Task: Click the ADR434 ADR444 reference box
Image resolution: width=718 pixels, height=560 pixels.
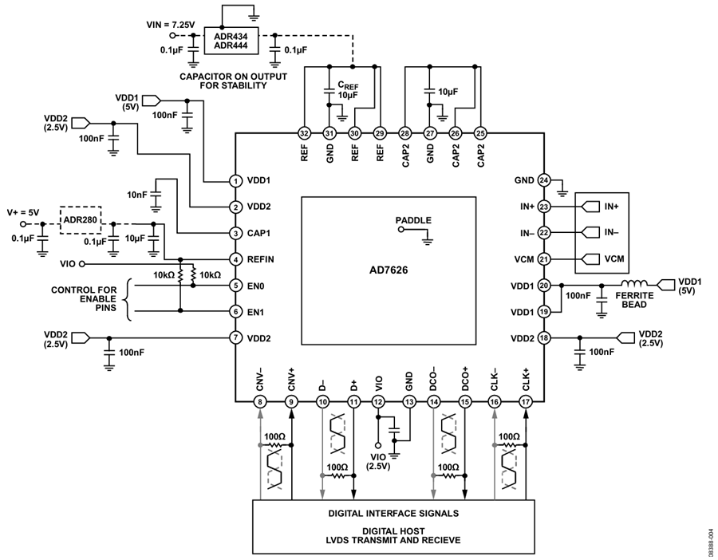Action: (x=231, y=41)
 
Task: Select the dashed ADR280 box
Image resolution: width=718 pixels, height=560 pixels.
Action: (x=81, y=220)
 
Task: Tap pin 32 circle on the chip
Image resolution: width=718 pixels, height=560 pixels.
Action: (x=304, y=133)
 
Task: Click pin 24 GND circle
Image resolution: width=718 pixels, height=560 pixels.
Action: (x=543, y=180)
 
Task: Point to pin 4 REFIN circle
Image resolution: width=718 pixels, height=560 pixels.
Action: (x=235, y=259)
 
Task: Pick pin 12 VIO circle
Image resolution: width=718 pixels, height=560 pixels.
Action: (x=378, y=402)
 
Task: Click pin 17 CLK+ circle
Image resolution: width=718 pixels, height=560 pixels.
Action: (x=525, y=402)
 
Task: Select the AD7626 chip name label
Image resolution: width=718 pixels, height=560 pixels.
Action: (x=389, y=270)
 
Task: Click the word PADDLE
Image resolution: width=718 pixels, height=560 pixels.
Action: (x=413, y=220)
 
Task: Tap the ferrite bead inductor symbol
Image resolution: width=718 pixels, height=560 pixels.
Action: (x=634, y=283)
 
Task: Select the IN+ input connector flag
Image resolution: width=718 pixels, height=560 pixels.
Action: (x=590, y=207)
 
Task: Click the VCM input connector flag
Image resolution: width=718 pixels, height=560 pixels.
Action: (x=590, y=259)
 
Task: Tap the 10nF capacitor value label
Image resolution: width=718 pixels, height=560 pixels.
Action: (x=137, y=195)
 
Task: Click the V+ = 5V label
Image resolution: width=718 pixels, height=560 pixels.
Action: (x=23, y=212)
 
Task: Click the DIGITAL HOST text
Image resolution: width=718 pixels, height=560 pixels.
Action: (x=393, y=531)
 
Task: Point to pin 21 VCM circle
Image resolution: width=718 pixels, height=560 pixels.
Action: (x=543, y=259)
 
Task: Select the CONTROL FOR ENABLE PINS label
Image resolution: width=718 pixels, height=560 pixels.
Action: (x=84, y=299)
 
